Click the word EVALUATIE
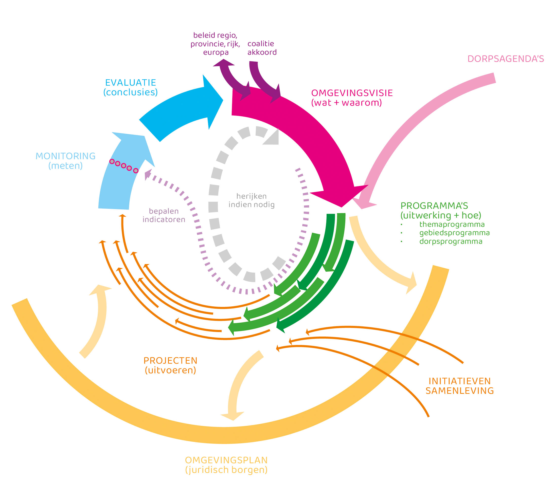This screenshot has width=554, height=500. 131,83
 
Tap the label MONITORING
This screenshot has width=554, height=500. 65,156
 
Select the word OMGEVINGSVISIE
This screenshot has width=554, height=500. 352,93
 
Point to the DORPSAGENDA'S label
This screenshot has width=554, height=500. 506,59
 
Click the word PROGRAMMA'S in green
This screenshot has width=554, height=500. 434,206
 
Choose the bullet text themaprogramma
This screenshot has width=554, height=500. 452,225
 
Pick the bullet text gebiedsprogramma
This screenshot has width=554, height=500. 454,233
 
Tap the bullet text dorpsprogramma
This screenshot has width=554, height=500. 451,242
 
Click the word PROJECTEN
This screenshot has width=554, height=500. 170,361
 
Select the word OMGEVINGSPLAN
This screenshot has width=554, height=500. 226,460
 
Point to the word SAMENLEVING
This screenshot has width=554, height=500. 459,391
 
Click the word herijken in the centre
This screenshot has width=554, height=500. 252,196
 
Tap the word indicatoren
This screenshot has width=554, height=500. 164,219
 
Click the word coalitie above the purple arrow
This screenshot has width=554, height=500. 260,44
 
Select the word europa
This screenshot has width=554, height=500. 216,52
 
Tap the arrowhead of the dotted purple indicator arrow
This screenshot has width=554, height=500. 148,174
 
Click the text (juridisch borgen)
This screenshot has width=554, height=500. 226,470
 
